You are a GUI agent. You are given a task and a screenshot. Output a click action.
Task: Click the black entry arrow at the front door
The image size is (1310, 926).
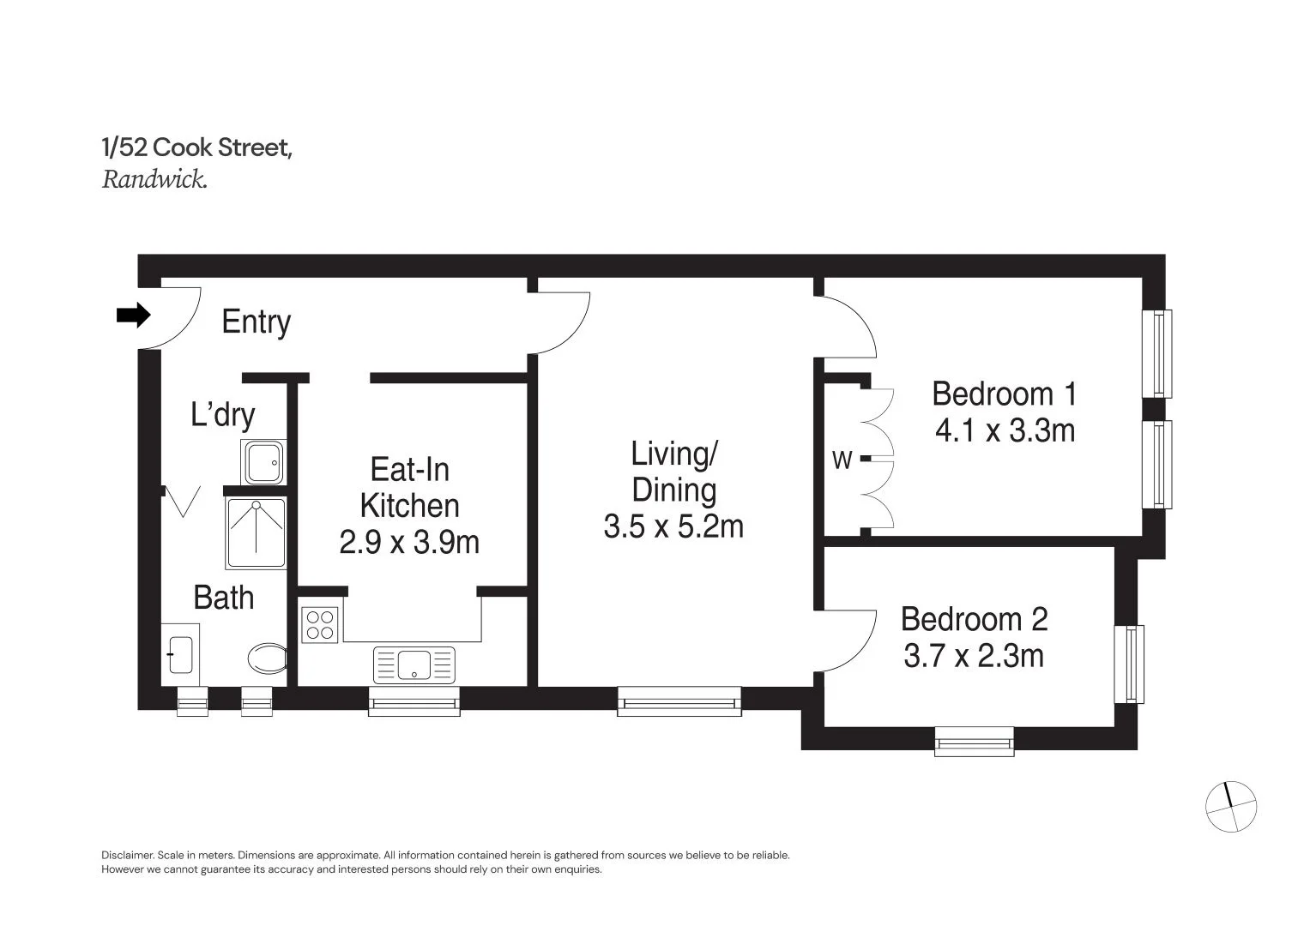coord(132,316)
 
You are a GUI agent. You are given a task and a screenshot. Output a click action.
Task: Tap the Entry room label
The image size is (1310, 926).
coord(256,322)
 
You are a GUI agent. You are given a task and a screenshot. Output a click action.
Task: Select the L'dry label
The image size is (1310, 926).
coord(222,415)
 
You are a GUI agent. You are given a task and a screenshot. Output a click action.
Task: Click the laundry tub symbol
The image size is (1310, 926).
coord(263,462)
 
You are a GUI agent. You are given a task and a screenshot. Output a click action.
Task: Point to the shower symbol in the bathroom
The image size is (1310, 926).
coord(256,532)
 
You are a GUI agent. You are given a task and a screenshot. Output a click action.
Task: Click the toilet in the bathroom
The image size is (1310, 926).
coord(267,660)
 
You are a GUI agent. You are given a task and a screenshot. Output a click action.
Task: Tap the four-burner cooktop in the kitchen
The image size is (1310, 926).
coord(321,624)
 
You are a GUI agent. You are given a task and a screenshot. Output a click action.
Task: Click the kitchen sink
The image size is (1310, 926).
coord(414,664)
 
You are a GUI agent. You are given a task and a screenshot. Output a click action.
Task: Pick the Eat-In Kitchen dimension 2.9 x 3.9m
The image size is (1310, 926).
coord(409,543)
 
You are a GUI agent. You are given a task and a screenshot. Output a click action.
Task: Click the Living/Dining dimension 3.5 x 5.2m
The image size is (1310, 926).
coord(673,526)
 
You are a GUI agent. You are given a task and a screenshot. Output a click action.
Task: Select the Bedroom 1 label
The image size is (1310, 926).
coord(1004,394)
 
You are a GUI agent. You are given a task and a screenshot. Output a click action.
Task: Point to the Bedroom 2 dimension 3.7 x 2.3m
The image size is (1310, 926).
coord(974,657)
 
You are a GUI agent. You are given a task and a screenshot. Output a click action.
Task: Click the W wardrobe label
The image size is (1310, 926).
coord(842,461)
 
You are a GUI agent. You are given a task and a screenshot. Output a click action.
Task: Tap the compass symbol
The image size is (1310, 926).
coord(1231,807)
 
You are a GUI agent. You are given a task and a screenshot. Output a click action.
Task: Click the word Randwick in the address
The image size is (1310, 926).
coord(154,180)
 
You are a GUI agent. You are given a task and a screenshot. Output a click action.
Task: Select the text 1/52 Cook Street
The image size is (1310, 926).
coord(197,148)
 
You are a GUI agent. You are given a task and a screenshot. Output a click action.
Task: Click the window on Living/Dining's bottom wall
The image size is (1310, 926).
coord(679,701)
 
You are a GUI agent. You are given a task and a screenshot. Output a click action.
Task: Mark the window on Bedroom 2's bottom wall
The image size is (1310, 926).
coord(974,741)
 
